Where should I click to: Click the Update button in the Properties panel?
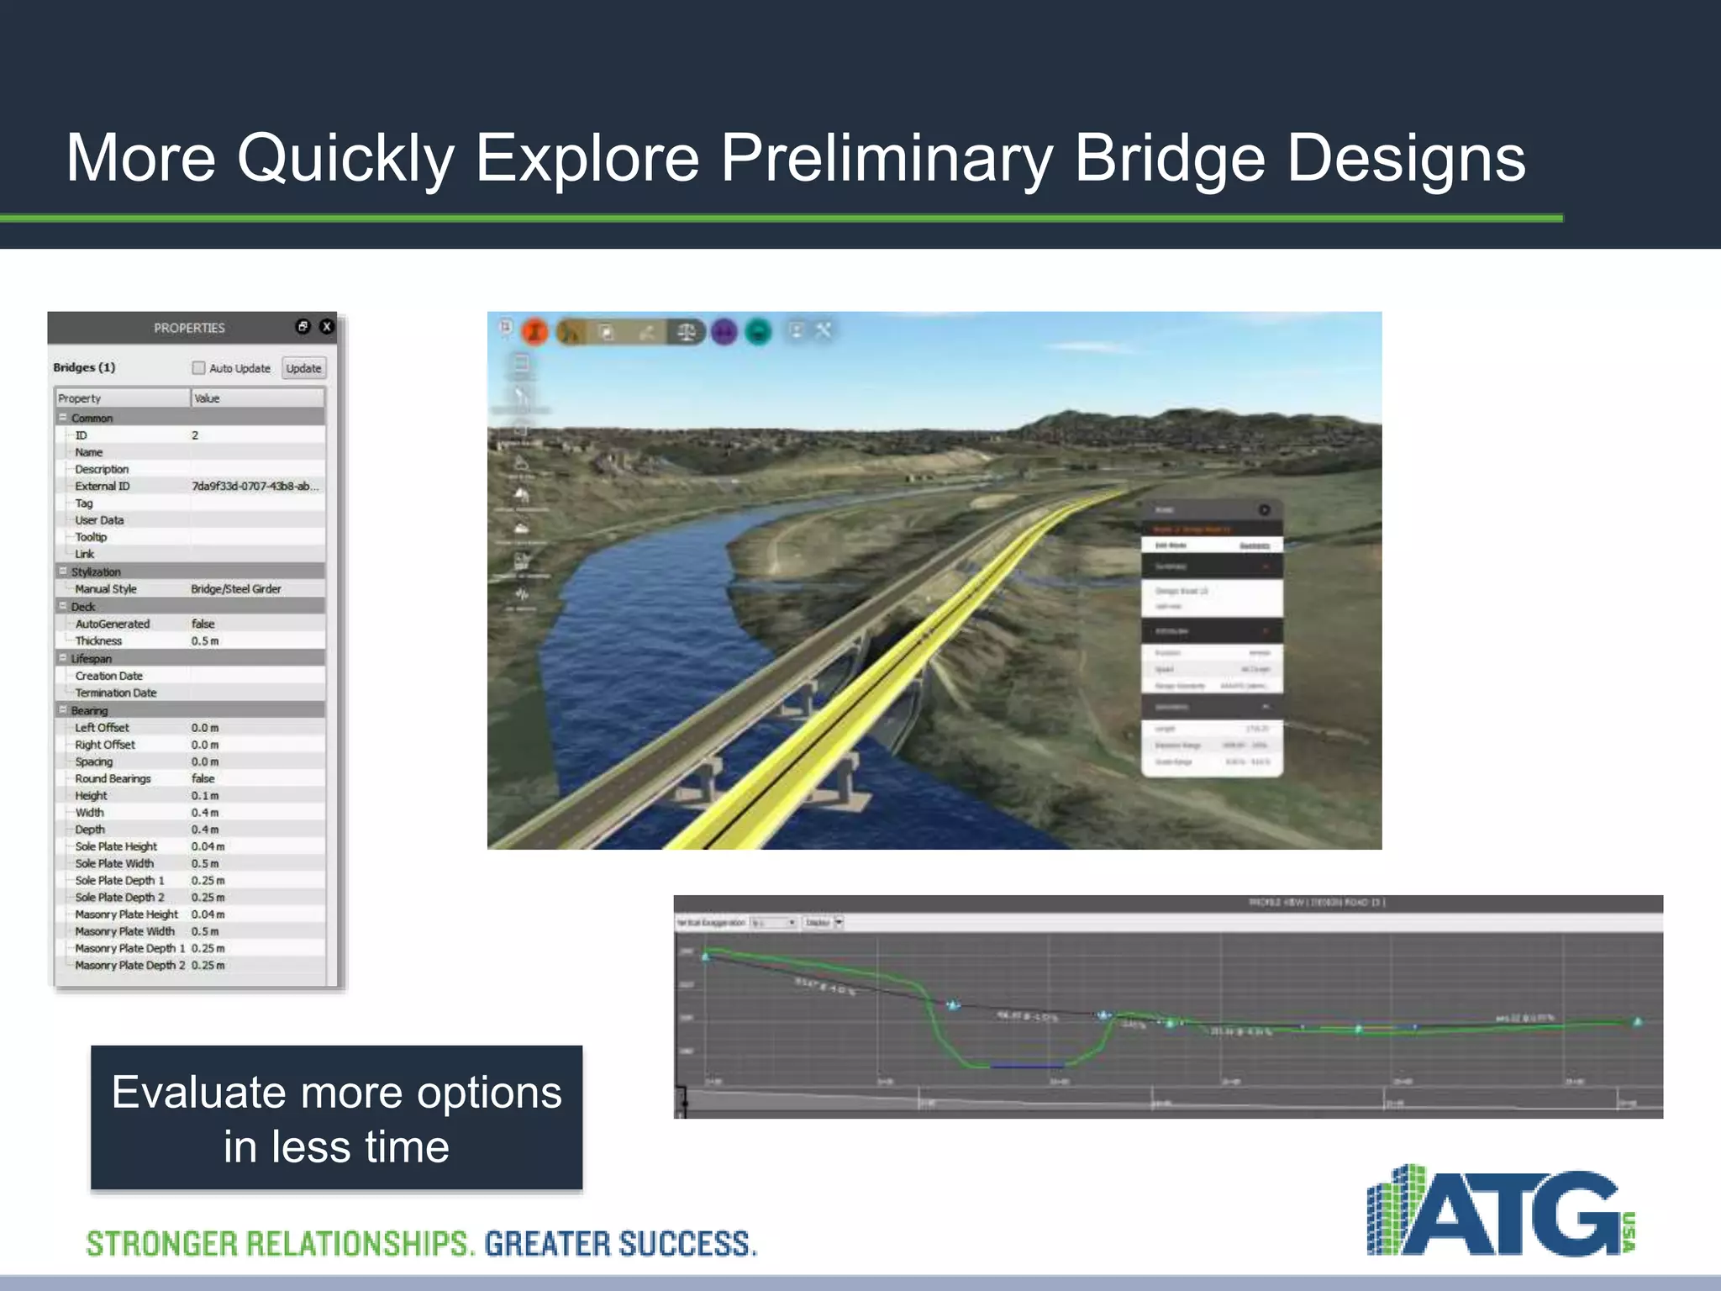click(303, 368)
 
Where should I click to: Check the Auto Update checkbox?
click(198, 368)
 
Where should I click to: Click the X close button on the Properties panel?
click(327, 327)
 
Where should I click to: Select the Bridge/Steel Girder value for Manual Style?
click(236, 589)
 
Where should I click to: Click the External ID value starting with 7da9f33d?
click(255, 486)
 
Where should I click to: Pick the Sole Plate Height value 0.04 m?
click(208, 846)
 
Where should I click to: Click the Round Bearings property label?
click(113, 778)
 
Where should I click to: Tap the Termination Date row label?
click(116, 693)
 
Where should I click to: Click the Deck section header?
click(83, 607)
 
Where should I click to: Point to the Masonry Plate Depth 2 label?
click(129, 965)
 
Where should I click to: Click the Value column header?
click(207, 398)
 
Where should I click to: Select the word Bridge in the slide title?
click(1170, 158)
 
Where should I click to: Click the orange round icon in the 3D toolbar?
click(535, 332)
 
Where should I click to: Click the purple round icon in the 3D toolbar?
click(724, 332)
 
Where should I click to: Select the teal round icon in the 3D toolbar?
click(759, 332)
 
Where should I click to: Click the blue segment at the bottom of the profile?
click(1027, 1066)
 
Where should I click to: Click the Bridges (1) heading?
click(84, 367)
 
